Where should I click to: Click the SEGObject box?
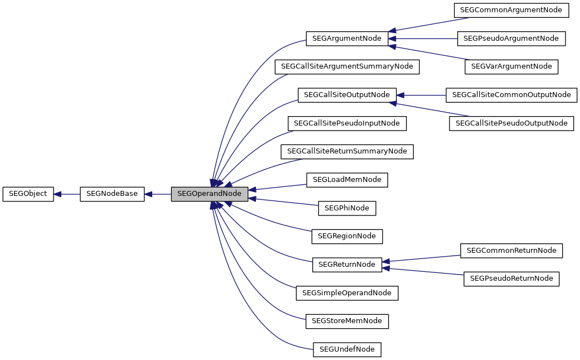click(28, 194)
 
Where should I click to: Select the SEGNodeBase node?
click(112, 194)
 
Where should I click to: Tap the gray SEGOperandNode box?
click(209, 194)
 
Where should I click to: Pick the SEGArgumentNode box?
click(347, 39)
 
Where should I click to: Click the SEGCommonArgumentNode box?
click(511, 10)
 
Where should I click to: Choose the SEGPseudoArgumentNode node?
click(511, 39)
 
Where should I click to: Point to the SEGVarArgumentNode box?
click(511, 66)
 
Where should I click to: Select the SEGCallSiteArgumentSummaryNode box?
click(347, 66)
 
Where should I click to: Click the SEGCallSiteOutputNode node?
click(347, 95)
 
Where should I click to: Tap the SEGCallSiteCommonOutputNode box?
click(511, 95)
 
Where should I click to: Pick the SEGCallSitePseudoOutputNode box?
click(511, 123)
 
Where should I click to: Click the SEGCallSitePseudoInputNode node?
click(347, 123)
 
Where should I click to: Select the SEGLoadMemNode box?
click(347, 180)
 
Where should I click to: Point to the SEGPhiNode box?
click(347, 208)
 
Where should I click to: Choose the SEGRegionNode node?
click(347, 237)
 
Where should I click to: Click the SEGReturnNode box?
click(347, 265)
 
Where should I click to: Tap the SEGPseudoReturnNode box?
click(511, 279)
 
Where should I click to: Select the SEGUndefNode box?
click(347, 350)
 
